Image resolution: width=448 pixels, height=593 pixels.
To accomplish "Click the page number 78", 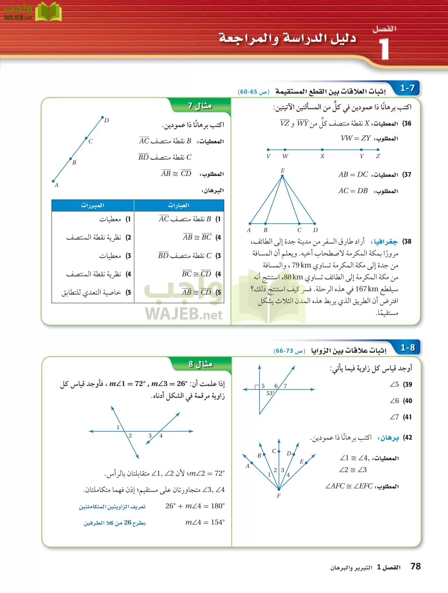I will pyautogui.click(x=415, y=566).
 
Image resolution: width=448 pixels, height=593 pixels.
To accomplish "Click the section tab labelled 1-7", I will pyautogui.click(x=407, y=88).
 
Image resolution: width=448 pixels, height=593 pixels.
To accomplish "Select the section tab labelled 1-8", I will pyautogui.click(x=407, y=348).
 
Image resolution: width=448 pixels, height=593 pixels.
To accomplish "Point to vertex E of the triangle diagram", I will pyautogui.click(x=282, y=176).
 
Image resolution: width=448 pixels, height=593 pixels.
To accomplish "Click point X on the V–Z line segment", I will pyautogui.click(x=322, y=150).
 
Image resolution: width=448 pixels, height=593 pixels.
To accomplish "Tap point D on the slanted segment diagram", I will pyautogui.click(x=103, y=117).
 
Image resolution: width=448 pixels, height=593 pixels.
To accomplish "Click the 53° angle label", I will pyautogui.click(x=271, y=393).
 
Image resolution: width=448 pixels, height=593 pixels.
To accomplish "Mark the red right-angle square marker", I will pyautogui.click(x=257, y=387).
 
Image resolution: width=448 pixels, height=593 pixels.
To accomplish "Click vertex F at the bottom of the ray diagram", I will pyautogui.click(x=279, y=489).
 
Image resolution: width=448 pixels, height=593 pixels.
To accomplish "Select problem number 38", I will pyautogui.click(x=407, y=241).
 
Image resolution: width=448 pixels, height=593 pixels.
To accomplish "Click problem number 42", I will pyautogui.click(x=408, y=438).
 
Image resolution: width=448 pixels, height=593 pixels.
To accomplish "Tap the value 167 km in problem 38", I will pyautogui.click(x=367, y=289).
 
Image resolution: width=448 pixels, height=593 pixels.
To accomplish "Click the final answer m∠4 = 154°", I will pyautogui.click(x=205, y=522).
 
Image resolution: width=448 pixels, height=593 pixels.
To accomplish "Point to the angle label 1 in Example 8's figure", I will pyautogui.click(x=118, y=427).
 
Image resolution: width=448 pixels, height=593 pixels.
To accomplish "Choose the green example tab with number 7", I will pyautogui.click(x=200, y=106).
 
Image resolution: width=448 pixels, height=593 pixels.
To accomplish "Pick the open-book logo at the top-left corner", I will pyautogui.click(x=48, y=12).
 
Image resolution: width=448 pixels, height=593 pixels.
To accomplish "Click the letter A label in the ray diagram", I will pyautogui.click(x=247, y=466).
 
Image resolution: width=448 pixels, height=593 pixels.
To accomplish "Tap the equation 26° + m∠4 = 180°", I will pyautogui.click(x=195, y=506).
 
